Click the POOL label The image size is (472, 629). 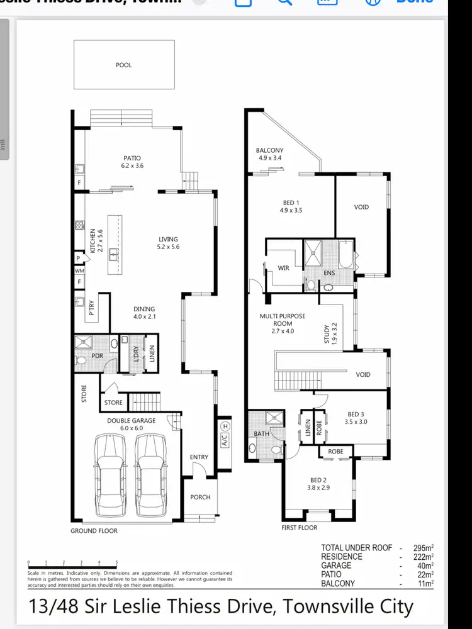pyautogui.click(x=124, y=65)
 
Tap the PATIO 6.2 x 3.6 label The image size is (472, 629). pyautogui.click(x=132, y=162)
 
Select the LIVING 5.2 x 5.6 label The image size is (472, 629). pyautogui.click(x=168, y=243)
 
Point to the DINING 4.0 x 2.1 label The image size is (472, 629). pyautogui.click(x=144, y=313)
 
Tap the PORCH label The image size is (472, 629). pyautogui.click(x=200, y=497)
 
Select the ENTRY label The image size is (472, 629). pyautogui.click(x=199, y=457)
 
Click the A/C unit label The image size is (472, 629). pyautogui.click(x=223, y=440)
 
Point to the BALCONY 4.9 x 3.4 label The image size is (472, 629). pyautogui.click(x=269, y=154)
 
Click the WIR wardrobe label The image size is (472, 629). pyautogui.click(x=284, y=269)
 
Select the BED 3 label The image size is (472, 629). pyautogui.click(x=356, y=418)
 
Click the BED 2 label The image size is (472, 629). pyautogui.click(x=318, y=484)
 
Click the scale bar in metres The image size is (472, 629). pyautogui.click(x=72, y=563)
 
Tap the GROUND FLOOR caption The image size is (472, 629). pyautogui.click(x=94, y=531)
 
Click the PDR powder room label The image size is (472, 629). pyautogui.click(x=97, y=355)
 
